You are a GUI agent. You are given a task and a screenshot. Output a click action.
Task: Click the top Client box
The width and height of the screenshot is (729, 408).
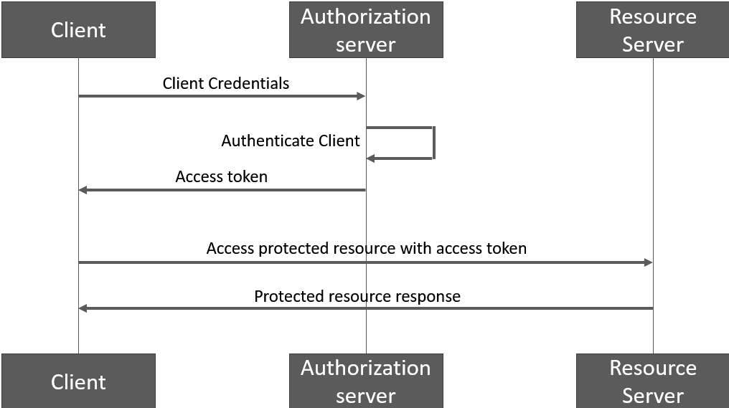[x=78, y=30]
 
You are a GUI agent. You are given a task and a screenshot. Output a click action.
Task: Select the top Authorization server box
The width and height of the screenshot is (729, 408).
[x=366, y=30]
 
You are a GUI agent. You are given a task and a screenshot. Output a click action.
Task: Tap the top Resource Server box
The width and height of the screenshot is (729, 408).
[x=652, y=30]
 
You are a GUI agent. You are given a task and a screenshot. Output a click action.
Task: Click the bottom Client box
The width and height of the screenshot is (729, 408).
[x=78, y=381]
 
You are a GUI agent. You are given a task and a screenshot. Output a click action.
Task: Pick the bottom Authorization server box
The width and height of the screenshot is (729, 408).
[x=366, y=381]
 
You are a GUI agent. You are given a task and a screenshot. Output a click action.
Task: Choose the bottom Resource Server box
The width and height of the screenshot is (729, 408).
[x=652, y=381]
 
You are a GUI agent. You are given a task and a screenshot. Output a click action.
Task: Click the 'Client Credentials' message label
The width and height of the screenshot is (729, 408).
[x=225, y=83]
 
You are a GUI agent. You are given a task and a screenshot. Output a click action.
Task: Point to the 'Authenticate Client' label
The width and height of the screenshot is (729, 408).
[x=290, y=141]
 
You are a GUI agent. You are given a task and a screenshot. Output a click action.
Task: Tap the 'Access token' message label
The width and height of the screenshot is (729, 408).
[x=221, y=176]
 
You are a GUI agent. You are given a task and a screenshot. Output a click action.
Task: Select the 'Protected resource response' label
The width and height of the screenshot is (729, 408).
[x=357, y=296]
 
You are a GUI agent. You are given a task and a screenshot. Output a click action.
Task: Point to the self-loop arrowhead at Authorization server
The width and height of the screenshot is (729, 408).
[x=370, y=158]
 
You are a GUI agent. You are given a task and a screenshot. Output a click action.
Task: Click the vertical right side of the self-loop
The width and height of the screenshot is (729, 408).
[x=433, y=143]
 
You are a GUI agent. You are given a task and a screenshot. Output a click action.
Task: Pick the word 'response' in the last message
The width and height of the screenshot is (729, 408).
[x=429, y=296]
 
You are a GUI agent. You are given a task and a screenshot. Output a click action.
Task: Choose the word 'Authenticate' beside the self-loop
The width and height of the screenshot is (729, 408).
[x=264, y=141]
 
